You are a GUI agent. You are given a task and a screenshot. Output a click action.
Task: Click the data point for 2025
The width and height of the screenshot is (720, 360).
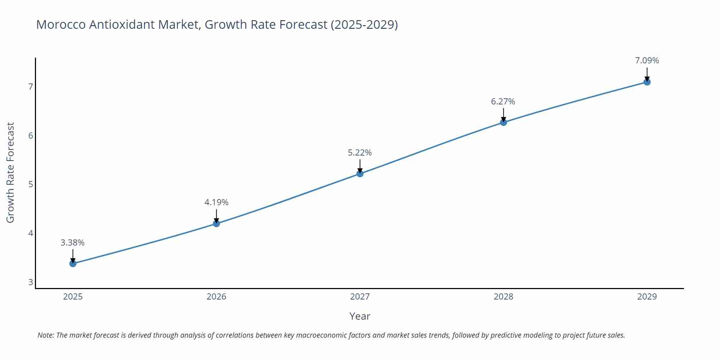pyautogui.click(x=73, y=264)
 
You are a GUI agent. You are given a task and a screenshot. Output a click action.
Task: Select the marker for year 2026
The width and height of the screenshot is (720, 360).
pyautogui.click(x=216, y=224)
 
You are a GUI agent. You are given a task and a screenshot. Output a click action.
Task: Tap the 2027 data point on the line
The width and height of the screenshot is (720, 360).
pyautogui.click(x=360, y=174)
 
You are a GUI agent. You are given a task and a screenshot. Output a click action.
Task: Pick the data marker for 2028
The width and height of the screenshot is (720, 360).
pyautogui.click(x=503, y=122)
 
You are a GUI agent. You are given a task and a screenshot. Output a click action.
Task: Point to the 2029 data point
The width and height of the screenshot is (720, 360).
pyautogui.click(x=647, y=82)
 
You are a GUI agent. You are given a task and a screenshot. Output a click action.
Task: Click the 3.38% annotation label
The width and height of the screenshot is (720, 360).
pyautogui.click(x=72, y=243)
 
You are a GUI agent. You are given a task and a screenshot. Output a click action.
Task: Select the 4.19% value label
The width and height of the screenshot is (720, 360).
pyautogui.click(x=216, y=202)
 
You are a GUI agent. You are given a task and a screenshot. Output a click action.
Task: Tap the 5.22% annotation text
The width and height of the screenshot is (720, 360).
pyautogui.click(x=360, y=153)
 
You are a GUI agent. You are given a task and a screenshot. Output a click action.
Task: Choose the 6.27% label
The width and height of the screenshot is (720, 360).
pyautogui.click(x=503, y=102)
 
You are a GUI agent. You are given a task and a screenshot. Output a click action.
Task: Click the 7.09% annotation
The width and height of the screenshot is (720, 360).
pyautogui.click(x=647, y=60)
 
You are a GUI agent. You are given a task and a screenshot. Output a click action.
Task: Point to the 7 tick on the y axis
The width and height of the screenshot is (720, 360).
pyautogui.click(x=31, y=87)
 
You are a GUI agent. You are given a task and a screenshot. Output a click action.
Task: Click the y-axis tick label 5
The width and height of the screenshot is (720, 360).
pyautogui.click(x=31, y=184)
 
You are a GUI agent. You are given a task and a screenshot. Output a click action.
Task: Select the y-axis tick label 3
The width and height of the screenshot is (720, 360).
pyautogui.click(x=31, y=282)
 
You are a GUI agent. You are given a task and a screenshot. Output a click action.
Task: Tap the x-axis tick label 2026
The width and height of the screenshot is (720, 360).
pyautogui.click(x=216, y=297)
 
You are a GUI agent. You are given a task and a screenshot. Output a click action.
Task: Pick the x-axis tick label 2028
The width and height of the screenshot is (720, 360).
pyautogui.click(x=503, y=297)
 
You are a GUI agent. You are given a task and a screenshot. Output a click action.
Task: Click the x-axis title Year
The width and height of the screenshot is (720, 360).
pyautogui.click(x=360, y=316)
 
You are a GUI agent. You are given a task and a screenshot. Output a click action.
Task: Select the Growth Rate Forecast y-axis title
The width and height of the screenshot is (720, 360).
pyautogui.click(x=10, y=172)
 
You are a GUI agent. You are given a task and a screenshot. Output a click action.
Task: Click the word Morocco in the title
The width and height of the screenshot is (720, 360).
pyautogui.click(x=61, y=24)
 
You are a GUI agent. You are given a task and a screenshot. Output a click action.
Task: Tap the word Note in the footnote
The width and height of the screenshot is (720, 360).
pyautogui.click(x=45, y=335)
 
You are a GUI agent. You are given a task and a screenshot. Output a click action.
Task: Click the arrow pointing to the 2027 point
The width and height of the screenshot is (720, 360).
pyautogui.click(x=360, y=166)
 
